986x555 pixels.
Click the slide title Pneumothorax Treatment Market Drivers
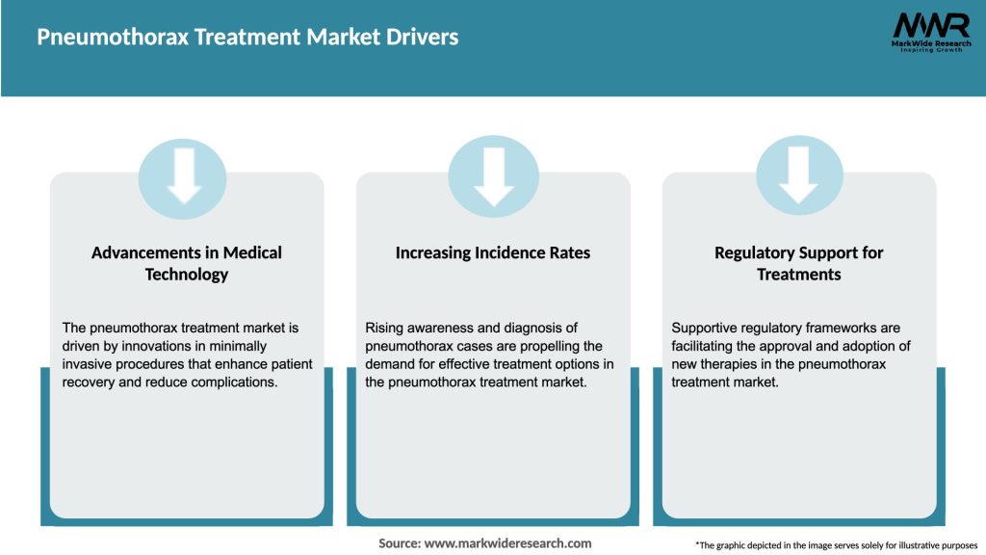[247, 38]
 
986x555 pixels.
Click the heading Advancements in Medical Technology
[187, 263]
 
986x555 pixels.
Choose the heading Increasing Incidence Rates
[493, 252]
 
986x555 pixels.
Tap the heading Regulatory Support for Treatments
[798, 263]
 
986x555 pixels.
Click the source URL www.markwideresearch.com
[507, 543]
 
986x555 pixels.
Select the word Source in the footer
[399, 543]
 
